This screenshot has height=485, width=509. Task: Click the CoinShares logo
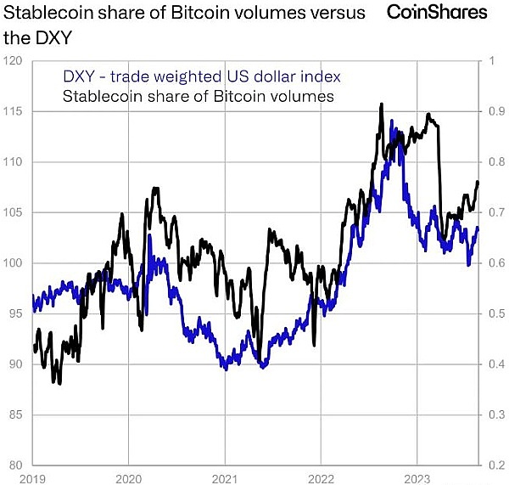[x=438, y=12]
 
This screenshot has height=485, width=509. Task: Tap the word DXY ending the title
[x=50, y=38]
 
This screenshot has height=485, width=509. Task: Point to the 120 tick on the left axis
[x=13, y=61]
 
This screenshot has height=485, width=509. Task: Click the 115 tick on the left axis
[x=13, y=111]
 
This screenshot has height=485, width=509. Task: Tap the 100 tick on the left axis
[x=13, y=263]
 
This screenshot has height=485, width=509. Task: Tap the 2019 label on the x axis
[x=32, y=478]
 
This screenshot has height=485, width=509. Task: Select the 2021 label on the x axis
[x=225, y=478]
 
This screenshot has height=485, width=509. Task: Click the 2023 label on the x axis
[x=417, y=478]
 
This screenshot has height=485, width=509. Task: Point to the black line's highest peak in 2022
[x=381, y=104]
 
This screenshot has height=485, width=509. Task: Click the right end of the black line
[x=478, y=182]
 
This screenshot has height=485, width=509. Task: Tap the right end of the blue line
[x=478, y=228]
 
